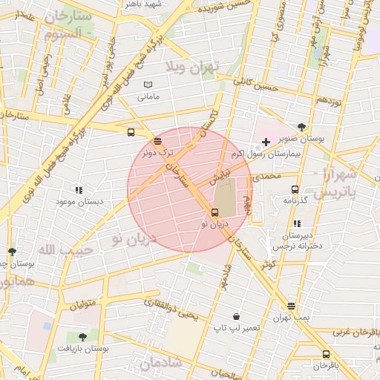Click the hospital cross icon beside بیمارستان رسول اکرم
pos(266,141)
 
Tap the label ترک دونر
pos(154,152)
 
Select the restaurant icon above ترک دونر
pos(157,140)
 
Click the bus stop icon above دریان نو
pos(215,213)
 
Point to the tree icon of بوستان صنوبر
pos(301,127)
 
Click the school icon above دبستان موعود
pos(79,190)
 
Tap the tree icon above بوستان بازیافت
pos(82,337)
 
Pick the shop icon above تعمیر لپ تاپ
pos(236,316)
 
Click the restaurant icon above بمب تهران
pos(291,305)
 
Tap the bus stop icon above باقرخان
pos(326,354)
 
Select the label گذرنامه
pos(296,200)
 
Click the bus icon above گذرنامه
pos(295,189)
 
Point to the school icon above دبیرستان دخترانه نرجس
pos(298,223)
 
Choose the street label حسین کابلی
pos(255,85)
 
